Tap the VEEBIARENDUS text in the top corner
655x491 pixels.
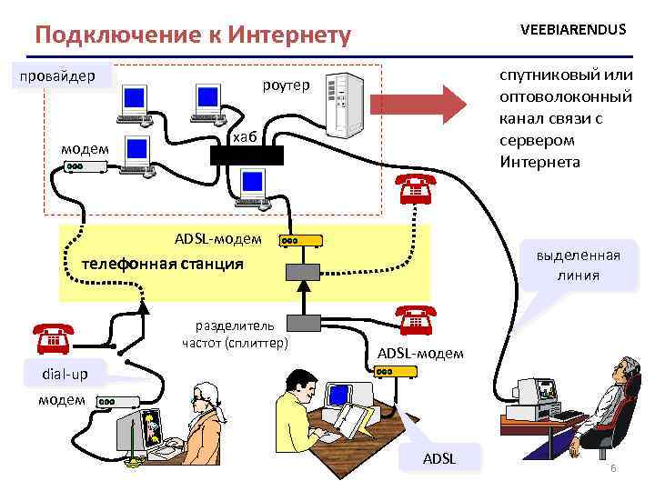[x=573, y=29]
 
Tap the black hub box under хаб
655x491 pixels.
[x=247, y=155]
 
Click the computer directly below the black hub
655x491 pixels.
[x=252, y=188]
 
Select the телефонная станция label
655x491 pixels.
[x=163, y=264]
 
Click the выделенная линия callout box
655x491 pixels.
[x=578, y=265]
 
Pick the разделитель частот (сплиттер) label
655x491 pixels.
[x=235, y=333]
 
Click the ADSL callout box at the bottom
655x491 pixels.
[x=439, y=458]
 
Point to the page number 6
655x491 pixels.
[x=613, y=468]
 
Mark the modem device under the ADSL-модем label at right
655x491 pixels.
[x=393, y=372]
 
